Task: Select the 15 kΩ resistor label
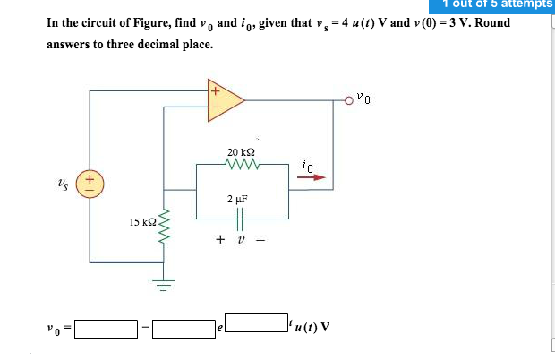(143, 220)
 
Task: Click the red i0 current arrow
(312, 177)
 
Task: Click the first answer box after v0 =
(106, 329)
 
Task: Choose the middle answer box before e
(183, 329)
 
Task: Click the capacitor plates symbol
(242, 219)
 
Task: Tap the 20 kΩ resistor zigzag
(242, 165)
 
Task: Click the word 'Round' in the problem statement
(491, 22)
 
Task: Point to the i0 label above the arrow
(308, 165)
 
